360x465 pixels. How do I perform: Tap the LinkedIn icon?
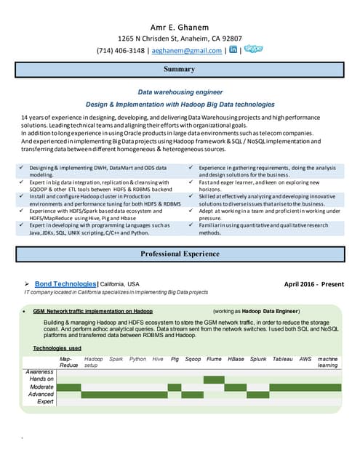[233, 50]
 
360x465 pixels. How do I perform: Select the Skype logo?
[253, 49]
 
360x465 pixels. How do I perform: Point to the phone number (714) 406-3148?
[120, 51]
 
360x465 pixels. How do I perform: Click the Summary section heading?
[179, 70]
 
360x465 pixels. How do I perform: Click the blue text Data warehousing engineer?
[180, 93]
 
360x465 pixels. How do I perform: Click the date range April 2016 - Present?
[313, 283]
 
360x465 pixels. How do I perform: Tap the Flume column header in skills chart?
[214, 359]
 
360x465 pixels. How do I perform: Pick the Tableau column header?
[283, 359]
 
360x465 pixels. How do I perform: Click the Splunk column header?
[258, 359]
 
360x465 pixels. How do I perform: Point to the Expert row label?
[45, 401]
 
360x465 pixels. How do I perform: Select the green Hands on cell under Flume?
[214, 379]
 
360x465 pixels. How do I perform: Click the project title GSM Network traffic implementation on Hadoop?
[92, 310]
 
